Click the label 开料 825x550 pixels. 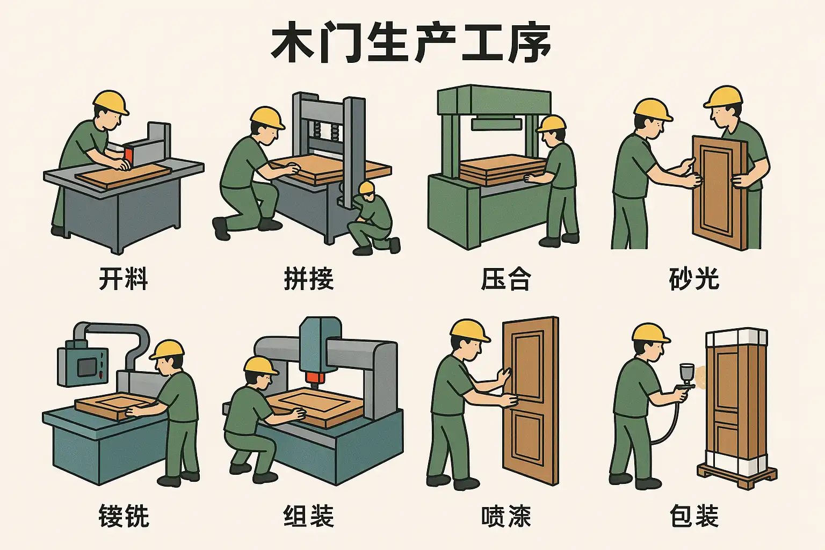[x=124, y=279]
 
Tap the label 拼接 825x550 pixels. [x=309, y=279]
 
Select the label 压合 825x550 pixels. [x=505, y=279]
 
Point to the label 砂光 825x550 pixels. [x=694, y=279]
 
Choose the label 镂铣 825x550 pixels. [x=124, y=516]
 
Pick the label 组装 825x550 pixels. [x=309, y=516]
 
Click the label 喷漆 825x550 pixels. [x=506, y=516]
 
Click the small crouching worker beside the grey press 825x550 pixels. [x=372, y=218]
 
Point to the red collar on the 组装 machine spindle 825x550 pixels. [x=316, y=378]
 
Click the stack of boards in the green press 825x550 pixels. [x=503, y=169]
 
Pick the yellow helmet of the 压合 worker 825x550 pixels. [x=552, y=124]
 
